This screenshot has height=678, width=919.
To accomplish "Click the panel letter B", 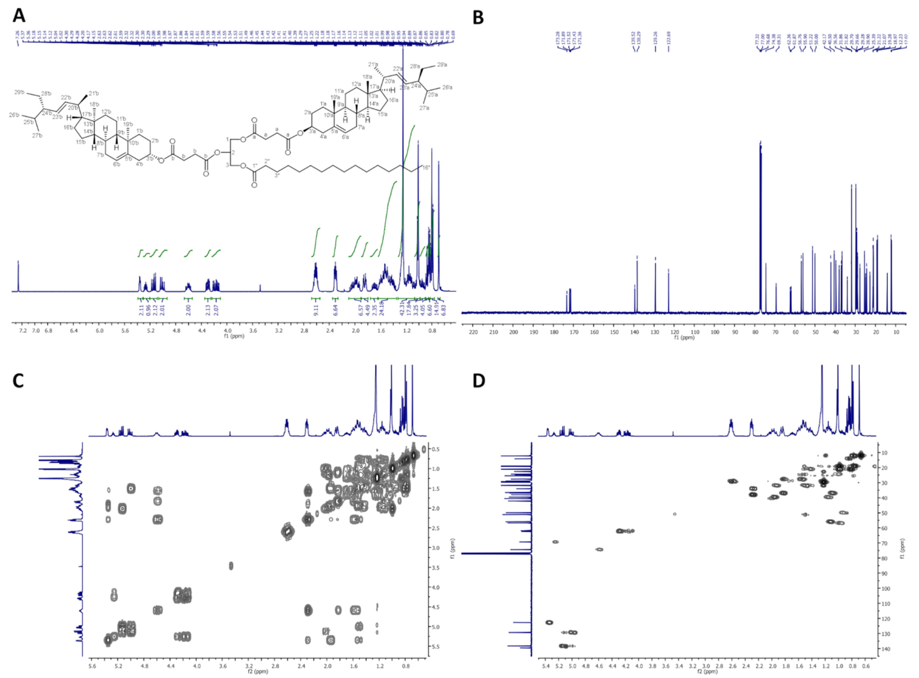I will pyautogui.click(x=479, y=17).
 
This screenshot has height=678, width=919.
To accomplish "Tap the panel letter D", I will pyautogui.click(x=479, y=381).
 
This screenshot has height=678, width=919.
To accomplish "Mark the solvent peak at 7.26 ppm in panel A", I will pyautogui.click(x=18, y=275).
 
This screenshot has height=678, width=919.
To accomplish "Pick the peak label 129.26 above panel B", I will pyautogui.click(x=655, y=40).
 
